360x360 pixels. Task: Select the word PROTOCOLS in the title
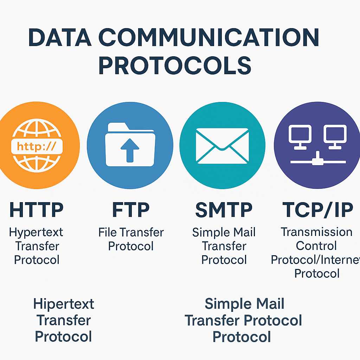tap(175, 65)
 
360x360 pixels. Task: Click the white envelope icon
tap(222, 145)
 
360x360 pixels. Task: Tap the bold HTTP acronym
tap(37, 210)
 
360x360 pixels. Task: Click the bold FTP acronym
tap(131, 210)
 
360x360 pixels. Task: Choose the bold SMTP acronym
tap(224, 210)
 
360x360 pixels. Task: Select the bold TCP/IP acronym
tap(317, 210)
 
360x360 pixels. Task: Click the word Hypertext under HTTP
tap(36, 233)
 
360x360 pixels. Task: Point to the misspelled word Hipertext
tap(64, 304)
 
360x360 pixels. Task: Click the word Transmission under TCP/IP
tap(316, 232)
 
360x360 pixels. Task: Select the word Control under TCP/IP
tap(316, 246)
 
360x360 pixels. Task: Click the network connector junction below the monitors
tap(317, 159)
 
